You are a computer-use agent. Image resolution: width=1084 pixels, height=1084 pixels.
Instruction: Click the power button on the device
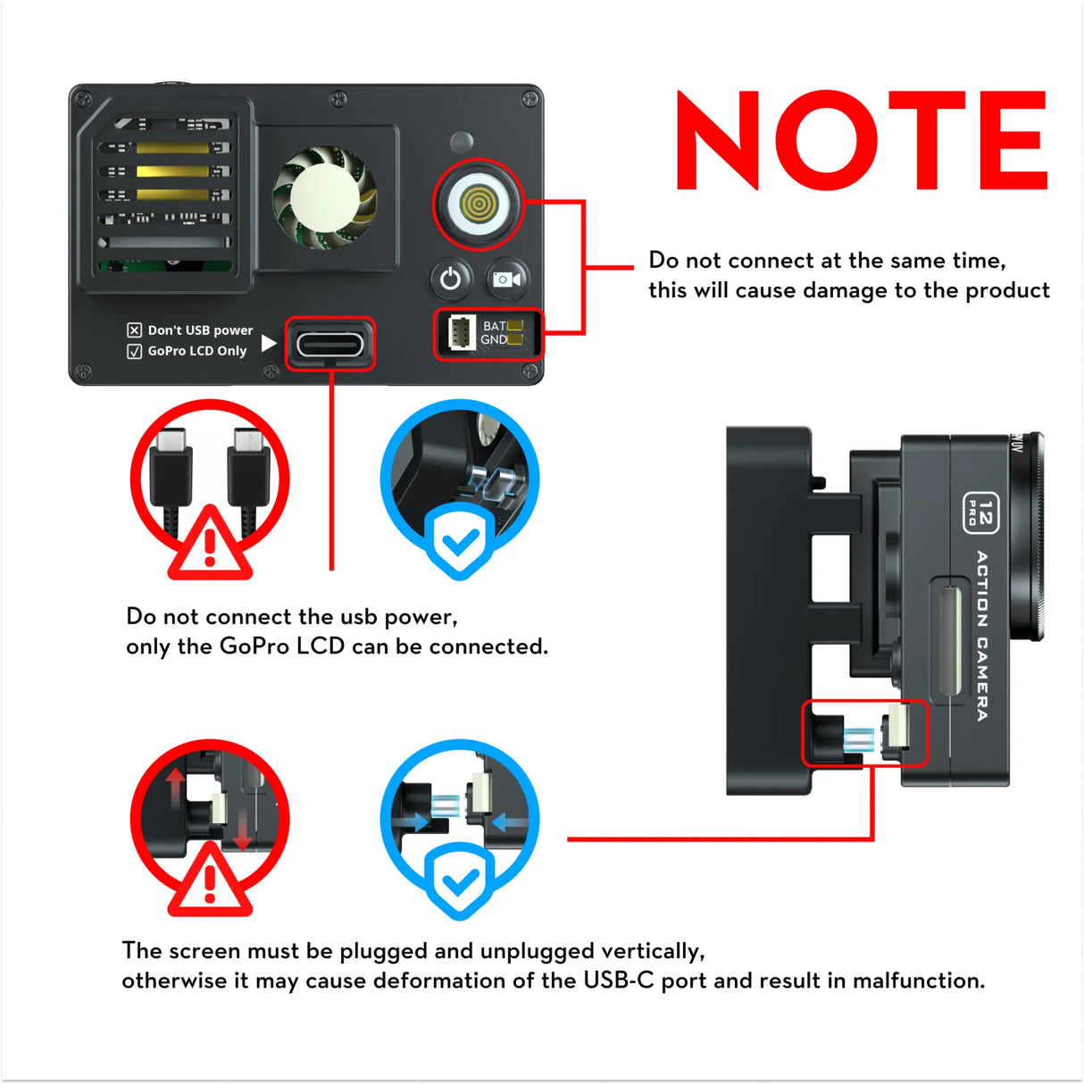(x=451, y=279)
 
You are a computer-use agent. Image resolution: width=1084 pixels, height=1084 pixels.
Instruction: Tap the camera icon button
(x=506, y=279)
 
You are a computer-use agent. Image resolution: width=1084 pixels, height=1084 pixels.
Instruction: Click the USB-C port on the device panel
(x=330, y=344)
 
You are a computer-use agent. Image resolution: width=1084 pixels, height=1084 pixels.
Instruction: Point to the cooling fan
(x=324, y=197)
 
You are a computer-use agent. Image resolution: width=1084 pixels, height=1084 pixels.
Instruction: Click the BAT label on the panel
(x=494, y=325)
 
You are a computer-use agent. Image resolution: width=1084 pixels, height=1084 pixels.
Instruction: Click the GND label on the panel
(x=493, y=339)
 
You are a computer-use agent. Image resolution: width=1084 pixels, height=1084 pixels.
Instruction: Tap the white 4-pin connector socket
(x=461, y=333)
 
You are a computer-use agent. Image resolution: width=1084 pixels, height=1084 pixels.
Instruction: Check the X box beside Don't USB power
(x=135, y=330)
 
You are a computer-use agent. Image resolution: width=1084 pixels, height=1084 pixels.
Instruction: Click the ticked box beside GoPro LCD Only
(x=135, y=351)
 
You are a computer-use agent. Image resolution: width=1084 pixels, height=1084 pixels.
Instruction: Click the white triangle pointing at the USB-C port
(x=269, y=343)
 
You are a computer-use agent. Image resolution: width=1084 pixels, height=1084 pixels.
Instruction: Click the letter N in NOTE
(x=717, y=140)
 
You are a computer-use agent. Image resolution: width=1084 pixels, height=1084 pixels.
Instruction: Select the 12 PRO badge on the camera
(x=980, y=513)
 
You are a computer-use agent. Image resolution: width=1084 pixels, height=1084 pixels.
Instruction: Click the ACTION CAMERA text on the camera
(x=982, y=635)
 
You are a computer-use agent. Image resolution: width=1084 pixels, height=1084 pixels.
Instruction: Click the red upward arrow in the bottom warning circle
(x=176, y=786)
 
